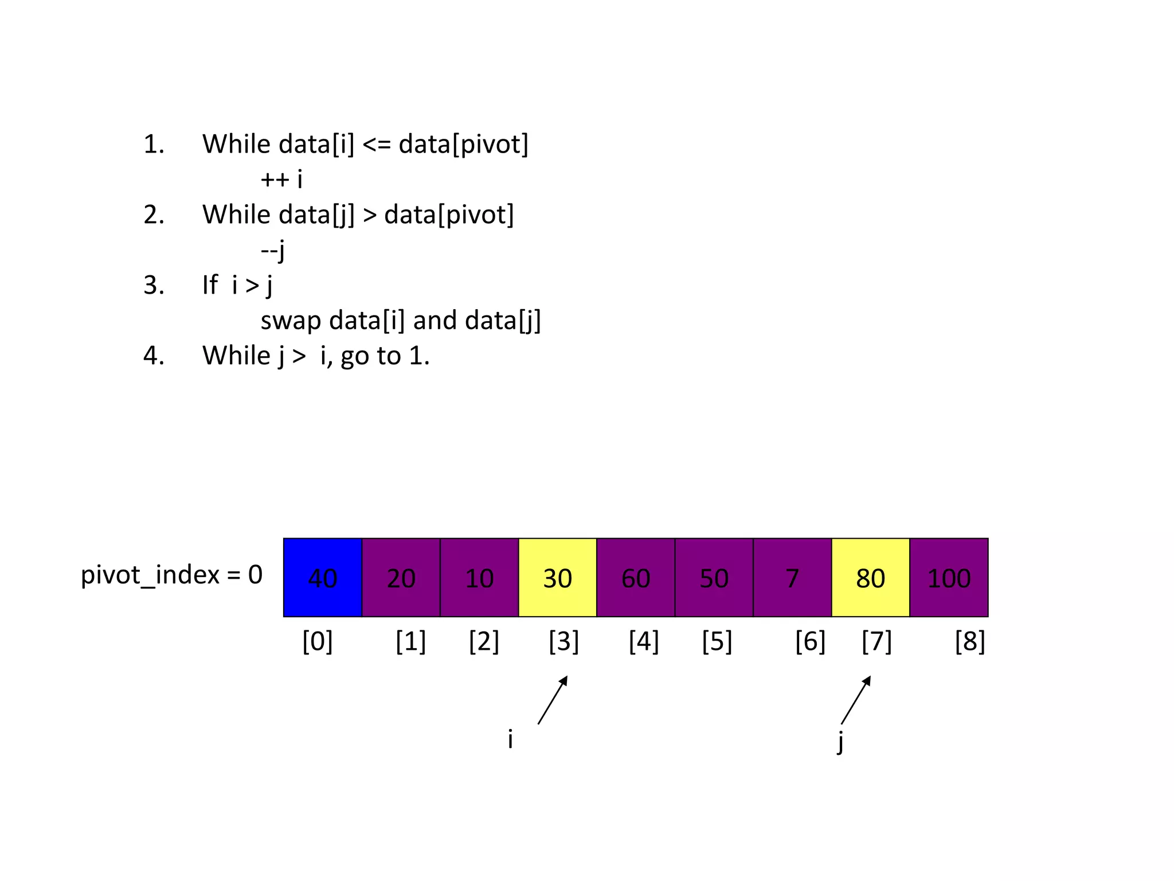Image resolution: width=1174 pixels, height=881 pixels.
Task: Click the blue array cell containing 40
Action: point(323,578)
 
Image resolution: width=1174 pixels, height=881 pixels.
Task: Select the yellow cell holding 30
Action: point(557,578)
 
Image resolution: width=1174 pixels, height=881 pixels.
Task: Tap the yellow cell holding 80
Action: point(870,578)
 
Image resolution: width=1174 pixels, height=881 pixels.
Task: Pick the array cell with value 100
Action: point(949,578)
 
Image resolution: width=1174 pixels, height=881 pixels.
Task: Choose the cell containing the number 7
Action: point(792,578)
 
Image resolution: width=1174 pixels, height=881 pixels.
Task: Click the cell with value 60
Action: point(636,578)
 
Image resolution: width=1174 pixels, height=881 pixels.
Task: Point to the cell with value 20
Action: point(401,578)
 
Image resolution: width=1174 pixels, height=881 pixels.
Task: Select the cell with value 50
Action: point(714,578)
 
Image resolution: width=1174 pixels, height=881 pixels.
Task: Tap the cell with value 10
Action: point(479,578)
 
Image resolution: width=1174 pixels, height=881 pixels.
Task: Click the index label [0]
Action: point(318,641)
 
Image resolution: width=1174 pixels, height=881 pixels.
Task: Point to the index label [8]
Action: point(970,641)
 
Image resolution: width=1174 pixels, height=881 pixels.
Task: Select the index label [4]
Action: point(644,641)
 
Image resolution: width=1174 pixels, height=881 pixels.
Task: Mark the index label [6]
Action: point(810,641)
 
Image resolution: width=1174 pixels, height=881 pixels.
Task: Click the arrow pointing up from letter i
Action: point(553,700)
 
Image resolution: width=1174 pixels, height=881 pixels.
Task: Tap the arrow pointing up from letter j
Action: point(856,700)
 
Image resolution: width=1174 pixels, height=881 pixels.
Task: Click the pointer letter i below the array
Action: point(510,739)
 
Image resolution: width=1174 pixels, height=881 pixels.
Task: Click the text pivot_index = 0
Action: point(171,575)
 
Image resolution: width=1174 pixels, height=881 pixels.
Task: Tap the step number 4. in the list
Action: point(154,356)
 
